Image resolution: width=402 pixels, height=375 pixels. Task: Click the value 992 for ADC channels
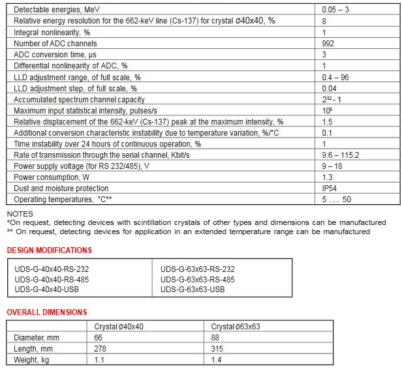(x=329, y=44)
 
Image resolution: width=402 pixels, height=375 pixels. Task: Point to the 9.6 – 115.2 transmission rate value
(x=341, y=155)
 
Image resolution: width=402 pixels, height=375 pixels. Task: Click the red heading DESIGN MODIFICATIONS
(x=49, y=250)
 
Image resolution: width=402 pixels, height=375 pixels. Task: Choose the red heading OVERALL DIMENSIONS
(x=46, y=312)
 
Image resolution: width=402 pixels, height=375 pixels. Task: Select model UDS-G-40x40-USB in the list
(x=47, y=289)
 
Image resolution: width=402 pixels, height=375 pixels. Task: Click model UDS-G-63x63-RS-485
(x=197, y=279)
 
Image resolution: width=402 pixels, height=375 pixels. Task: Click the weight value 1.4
(x=217, y=359)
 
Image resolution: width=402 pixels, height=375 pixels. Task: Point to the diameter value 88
(x=215, y=337)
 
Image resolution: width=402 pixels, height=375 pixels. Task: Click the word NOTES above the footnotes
(x=20, y=214)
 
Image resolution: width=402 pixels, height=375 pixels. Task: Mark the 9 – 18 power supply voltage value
(x=332, y=166)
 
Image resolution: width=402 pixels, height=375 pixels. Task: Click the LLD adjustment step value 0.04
(x=330, y=88)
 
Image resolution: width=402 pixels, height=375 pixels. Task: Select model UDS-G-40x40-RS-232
(x=52, y=269)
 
